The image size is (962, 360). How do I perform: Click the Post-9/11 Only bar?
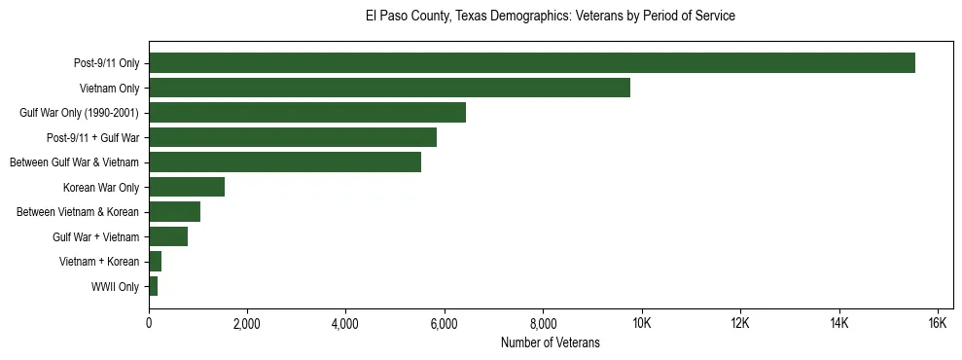pos(531,63)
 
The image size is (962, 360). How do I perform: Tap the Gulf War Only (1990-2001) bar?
pos(307,113)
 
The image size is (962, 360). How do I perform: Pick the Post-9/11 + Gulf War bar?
pos(293,137)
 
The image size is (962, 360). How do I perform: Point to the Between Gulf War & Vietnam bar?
pos(285,162)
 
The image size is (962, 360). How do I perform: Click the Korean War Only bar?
pos(187,187)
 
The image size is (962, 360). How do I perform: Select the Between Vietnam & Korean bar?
pos(174,212)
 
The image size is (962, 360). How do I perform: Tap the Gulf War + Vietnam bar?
pos(168,236)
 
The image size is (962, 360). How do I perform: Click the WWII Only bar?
pos(153,286)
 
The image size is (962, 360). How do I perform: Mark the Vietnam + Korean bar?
pos(155,262)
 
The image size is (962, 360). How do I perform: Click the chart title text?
pos(551,17)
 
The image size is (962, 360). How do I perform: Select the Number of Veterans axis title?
pos(551,342)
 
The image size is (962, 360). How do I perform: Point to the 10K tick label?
pos(642,324)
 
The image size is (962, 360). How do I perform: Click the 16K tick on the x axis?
pos(938,324)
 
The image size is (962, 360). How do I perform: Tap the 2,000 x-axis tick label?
pos(247,324)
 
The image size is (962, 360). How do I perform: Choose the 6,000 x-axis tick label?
pos(445,324)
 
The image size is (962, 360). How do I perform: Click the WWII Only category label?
pos(115,287)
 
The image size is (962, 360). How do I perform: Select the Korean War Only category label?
pos(101,188)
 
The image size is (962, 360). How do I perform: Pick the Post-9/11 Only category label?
pos(106,64)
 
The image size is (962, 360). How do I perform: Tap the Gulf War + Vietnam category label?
pos(96,237)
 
